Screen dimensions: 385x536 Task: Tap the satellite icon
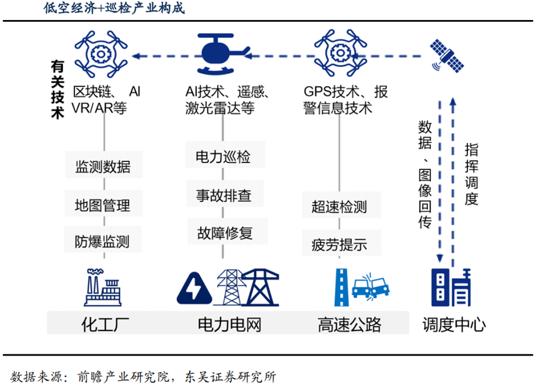(x=447, y=55)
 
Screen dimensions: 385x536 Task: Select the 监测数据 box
(x=103, y=167)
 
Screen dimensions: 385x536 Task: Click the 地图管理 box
(x=103, y=204)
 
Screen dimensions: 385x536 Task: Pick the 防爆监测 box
(x=103, y=241)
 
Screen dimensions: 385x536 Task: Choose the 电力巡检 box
(x=223, y=157)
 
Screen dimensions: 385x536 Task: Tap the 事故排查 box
(x=223, y=195)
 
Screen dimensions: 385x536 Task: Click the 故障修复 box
(x=223, y=233)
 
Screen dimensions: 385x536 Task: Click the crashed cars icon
(x=372, y=287)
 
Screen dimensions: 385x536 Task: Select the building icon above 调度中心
(x=450, y=287)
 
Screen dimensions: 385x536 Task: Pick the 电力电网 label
(x=229, y=324)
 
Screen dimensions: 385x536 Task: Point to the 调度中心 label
(x=454, y=324)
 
